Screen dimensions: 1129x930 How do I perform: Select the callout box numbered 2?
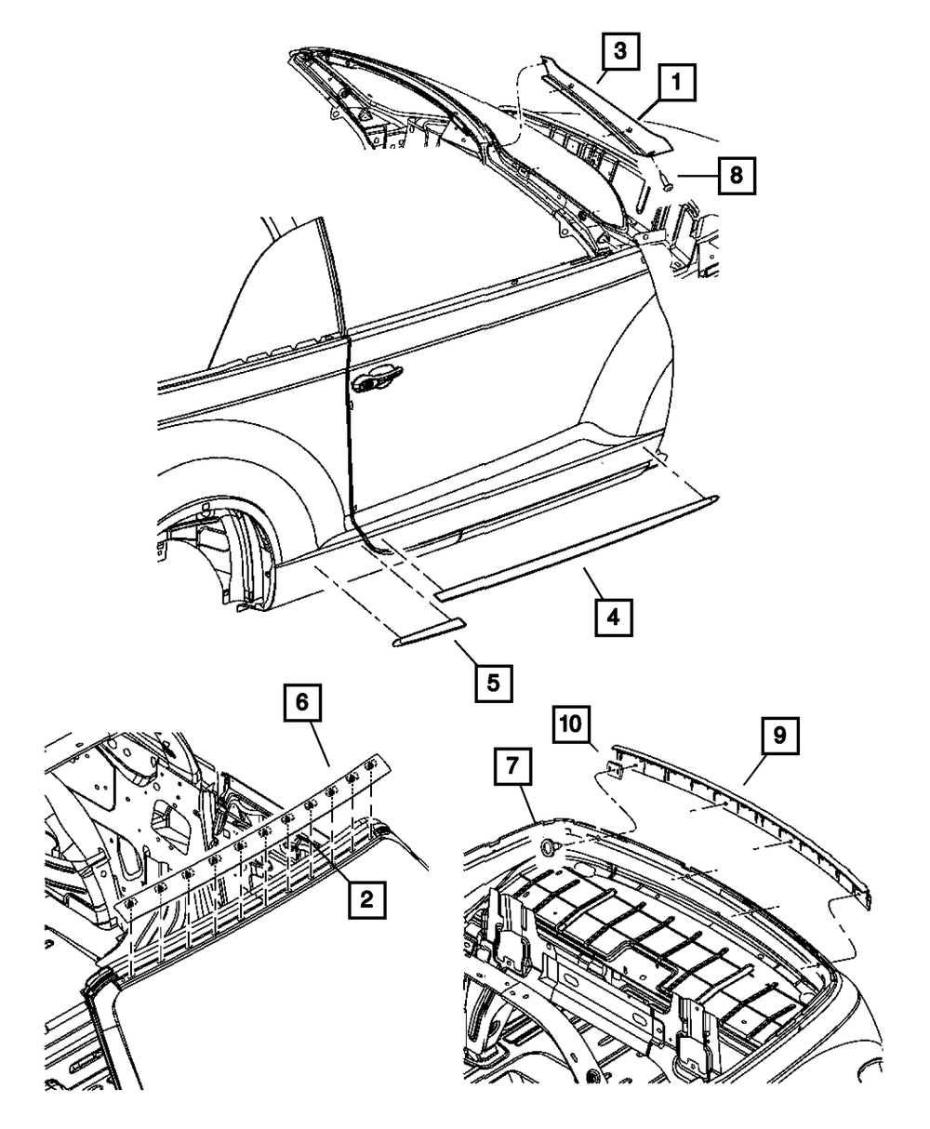(366, 897)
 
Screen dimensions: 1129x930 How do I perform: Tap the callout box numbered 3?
(619, 51)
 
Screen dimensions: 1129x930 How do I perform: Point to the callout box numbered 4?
(614, 618)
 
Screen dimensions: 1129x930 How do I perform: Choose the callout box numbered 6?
(303, 704)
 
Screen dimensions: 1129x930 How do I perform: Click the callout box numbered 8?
(736, 174)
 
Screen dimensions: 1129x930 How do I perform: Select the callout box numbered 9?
(778, 735)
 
